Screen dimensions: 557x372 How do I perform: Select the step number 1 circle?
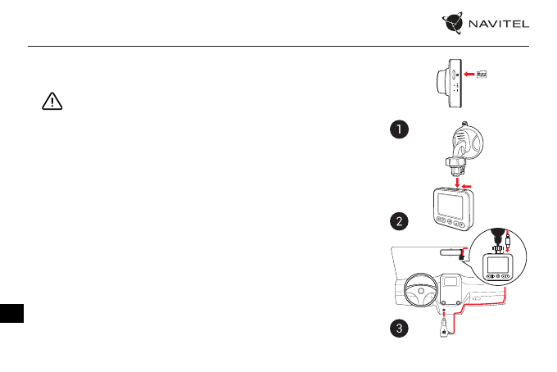click(398, 129)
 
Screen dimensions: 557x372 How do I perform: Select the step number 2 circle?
click(398, 220)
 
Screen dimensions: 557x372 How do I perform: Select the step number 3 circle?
click(398, 329)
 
